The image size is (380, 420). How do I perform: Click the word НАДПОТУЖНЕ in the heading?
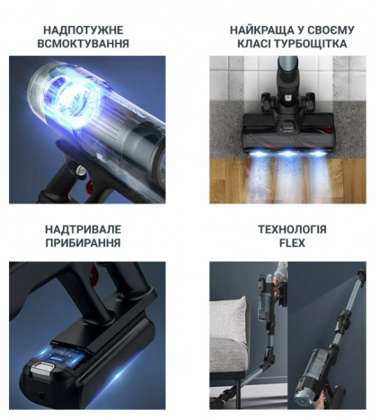[x=83, y=30]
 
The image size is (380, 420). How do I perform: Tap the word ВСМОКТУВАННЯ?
[x=83, y=43]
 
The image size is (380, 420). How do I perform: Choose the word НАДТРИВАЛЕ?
[x=83, y=230]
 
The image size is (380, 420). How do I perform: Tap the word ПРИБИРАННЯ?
[x=83, y=243]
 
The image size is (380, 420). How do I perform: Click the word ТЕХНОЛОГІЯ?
[x=292, y=230]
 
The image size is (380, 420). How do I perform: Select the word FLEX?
[x=292, y=243]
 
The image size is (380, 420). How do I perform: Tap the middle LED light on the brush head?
[x=288, y=153]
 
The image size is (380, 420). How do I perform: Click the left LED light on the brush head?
[x=258, y=153]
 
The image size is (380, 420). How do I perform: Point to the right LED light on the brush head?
[x=318, y=153]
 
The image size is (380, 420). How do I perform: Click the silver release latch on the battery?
[x=42, y=367]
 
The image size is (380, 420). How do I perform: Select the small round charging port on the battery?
[x=41, y=395]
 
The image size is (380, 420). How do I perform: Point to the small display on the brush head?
[x=288, y=127]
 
